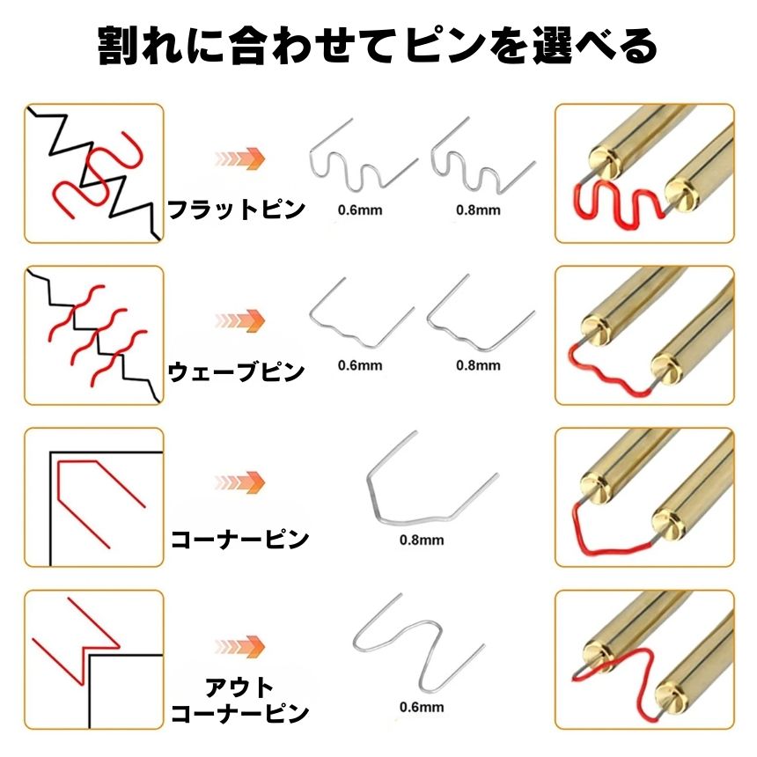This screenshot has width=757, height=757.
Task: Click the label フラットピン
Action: click(236, 209)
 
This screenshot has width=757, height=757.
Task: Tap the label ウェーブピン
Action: click(236, 372)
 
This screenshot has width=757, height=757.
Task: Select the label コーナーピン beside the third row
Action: click(240, 539)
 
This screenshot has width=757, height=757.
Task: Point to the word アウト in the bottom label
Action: click(239, 687)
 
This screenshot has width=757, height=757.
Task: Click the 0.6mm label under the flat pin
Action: click(360, 210)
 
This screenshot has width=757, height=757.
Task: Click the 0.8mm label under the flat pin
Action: click(478, 210)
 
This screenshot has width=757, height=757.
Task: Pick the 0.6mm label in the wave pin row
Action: click(360, 365)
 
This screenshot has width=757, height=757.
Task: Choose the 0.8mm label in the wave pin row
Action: click(478, 365)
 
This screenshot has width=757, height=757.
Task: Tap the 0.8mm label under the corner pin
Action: click(422, 540)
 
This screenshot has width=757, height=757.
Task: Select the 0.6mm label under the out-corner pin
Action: click(422, 708)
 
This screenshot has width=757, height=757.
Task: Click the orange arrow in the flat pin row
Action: click(240, 158)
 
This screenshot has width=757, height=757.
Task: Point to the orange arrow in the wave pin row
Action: click(240, 320)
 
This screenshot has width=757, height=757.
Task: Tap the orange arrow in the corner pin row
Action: click(240, 482)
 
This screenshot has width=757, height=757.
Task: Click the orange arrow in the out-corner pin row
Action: click(240, 646)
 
